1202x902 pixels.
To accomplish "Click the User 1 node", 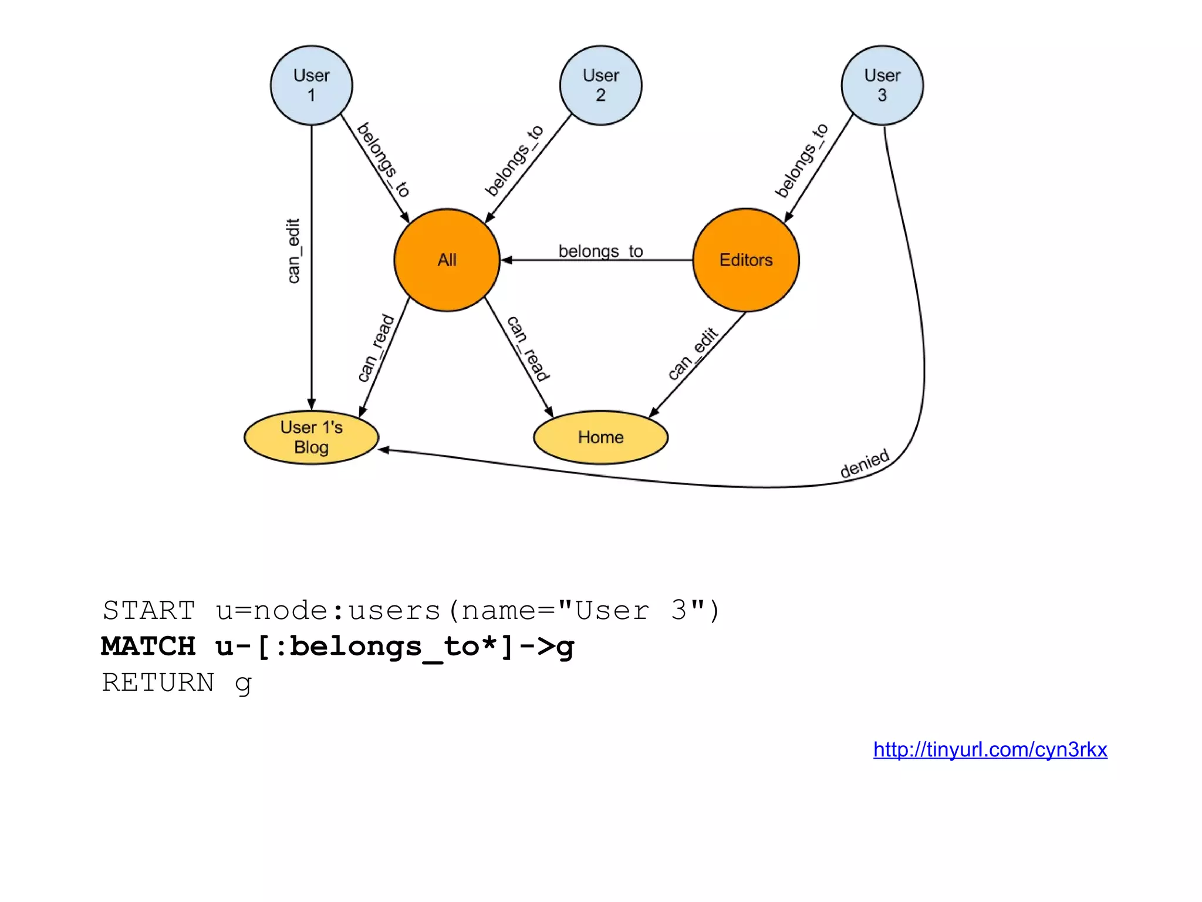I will click(311, 85).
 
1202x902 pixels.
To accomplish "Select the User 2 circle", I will click(600, 85).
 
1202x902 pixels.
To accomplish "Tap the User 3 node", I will click(882, 85).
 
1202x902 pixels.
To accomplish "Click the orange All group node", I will click(447, 260).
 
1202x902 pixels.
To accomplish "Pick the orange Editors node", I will click(745, 260).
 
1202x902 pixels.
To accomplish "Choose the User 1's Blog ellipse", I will click(311, 437).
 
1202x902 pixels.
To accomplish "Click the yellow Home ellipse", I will click(600, 437).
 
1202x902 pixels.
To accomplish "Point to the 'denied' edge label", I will click(865, 464).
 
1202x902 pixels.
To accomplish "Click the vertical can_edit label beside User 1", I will click(293, 251).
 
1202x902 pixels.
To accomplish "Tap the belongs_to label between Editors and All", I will click(600, 251).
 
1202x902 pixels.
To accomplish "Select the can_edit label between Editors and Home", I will click(693, 354).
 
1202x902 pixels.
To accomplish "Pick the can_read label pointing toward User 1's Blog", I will click(376, 348).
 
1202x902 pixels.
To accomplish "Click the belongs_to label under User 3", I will click(802, 160).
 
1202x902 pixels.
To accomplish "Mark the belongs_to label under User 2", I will click(514, 160).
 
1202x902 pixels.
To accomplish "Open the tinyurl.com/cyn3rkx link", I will click(990, 750).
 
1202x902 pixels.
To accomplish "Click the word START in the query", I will click(148, 611).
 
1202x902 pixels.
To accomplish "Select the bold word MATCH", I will click(148, 647).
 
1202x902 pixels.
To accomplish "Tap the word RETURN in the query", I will click(158, 682).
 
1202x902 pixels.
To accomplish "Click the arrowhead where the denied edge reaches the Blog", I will click(384, 450).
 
